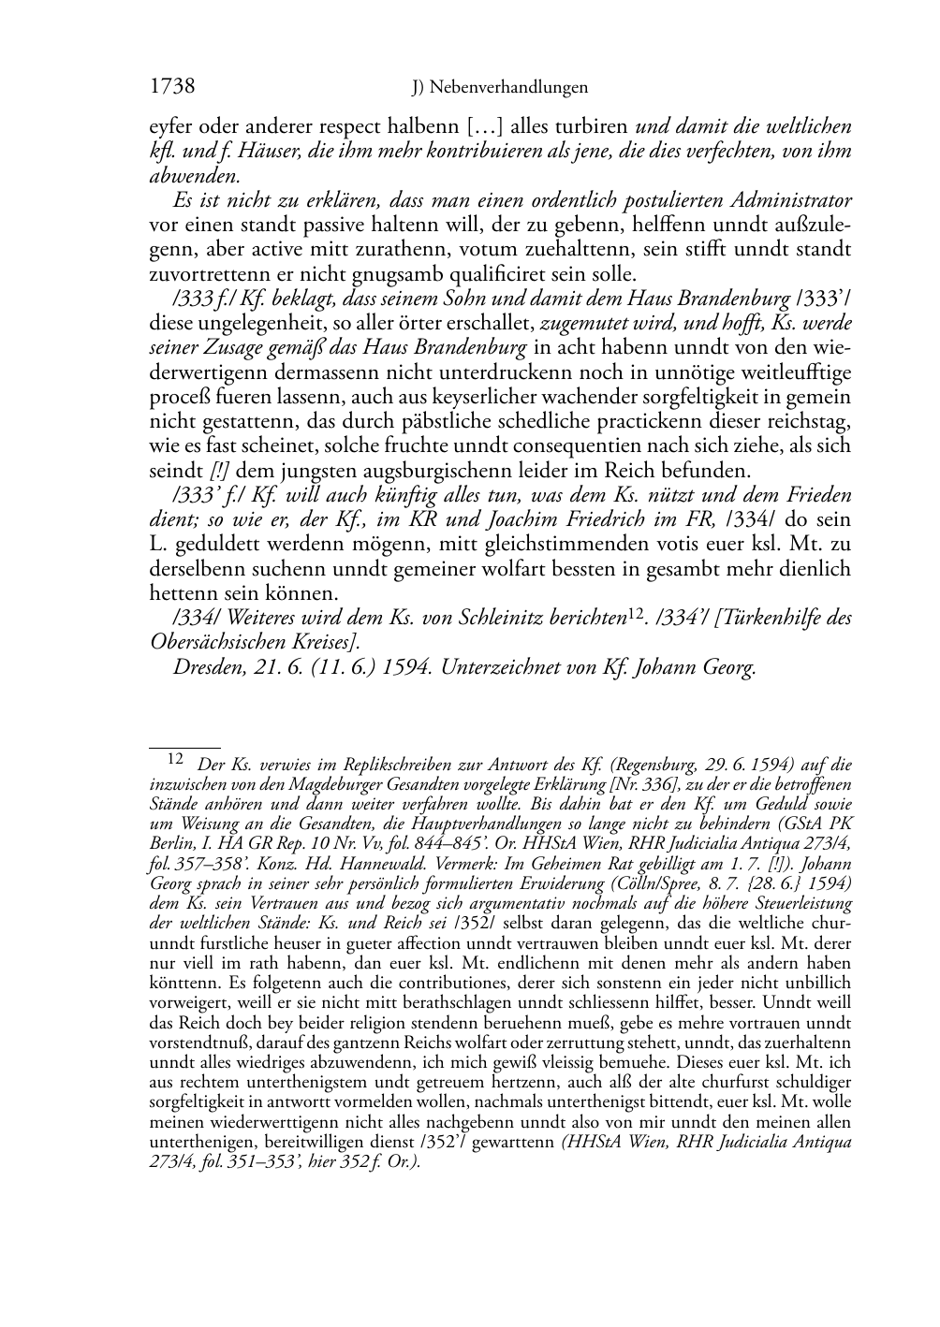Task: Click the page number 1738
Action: pyautogui.click(x=172, y=87)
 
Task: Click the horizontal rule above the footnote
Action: pyautogui.click(x=184, y=749)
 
